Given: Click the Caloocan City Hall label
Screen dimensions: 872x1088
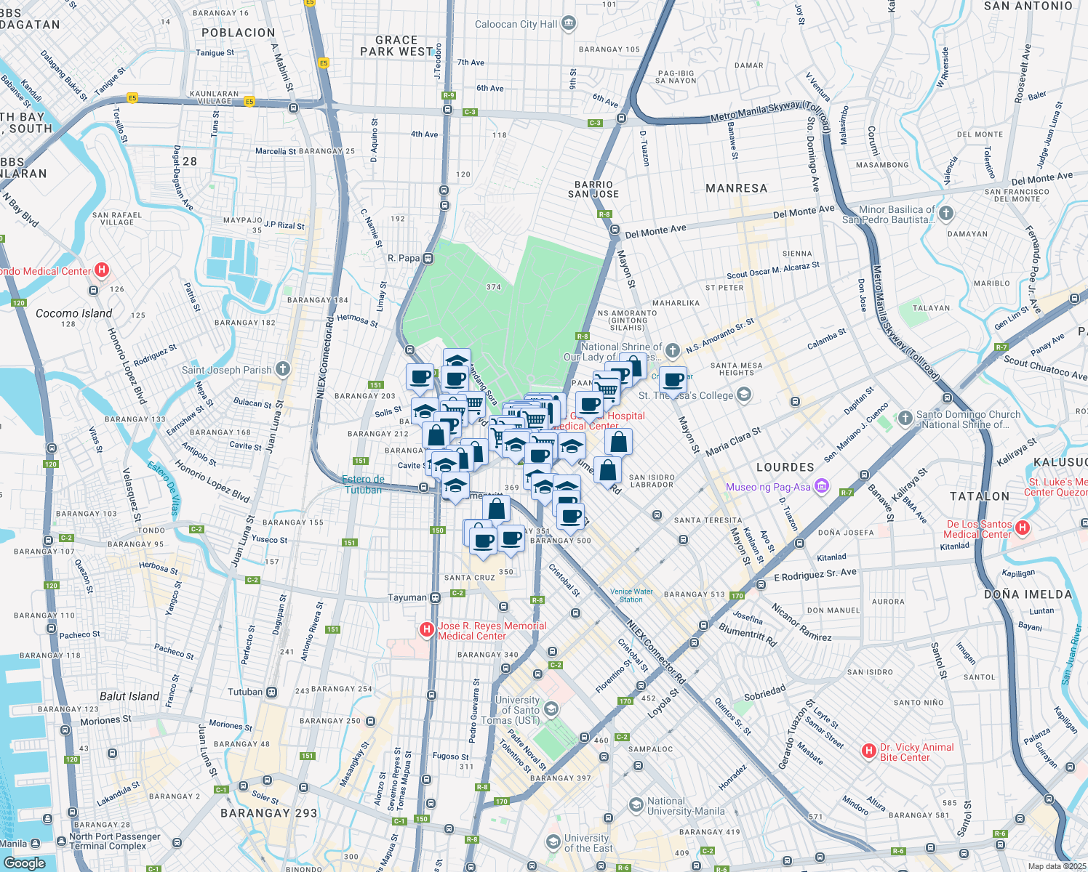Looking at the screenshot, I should tap(516, 24).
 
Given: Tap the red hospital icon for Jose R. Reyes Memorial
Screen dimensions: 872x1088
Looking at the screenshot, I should tap(428, 630).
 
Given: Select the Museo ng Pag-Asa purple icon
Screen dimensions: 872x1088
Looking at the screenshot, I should tap(822, 486).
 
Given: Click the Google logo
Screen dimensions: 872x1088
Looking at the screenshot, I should tap(24, 863).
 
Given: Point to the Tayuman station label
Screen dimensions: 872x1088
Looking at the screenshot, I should tap(407, 597).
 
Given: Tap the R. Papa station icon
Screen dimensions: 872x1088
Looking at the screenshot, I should tap(428, 258).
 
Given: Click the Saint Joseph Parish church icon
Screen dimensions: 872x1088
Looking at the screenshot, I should tap(283, 369).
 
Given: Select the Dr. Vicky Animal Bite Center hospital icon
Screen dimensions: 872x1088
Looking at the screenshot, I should tap(868, 751).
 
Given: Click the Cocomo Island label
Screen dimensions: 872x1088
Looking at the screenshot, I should tap(74, 313).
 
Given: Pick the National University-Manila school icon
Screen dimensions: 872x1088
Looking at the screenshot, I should tap(636, 804).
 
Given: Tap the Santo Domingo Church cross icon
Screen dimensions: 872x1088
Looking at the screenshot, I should tap(905, 418).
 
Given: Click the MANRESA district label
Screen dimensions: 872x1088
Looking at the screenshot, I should tap(736, 188).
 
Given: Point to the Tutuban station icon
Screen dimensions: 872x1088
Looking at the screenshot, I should tap(271, 692).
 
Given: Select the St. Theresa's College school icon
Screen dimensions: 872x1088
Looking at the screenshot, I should tap(743, 395).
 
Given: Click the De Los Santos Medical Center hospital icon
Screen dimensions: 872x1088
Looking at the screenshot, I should tap(1023, 528).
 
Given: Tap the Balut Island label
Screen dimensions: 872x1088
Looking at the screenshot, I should tap(129, 696).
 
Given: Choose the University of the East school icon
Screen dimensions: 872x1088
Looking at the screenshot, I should tap(553, 841).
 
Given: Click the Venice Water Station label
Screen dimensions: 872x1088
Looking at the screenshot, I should tap(631, 595).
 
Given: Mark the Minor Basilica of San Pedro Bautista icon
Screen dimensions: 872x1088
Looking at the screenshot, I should tap(945, 214).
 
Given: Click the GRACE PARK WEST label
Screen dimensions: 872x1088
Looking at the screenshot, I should tap(396, 46).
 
